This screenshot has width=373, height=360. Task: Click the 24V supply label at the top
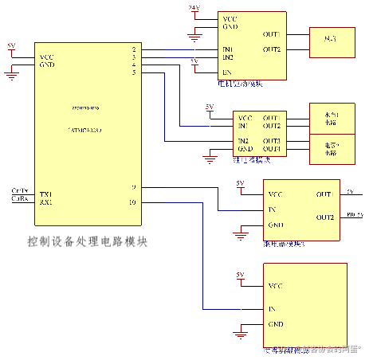194,7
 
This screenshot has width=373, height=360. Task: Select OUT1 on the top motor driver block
271,35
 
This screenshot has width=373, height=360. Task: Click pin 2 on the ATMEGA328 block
134,50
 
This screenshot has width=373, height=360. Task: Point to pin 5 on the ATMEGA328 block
134,73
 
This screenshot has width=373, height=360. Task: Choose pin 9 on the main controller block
134,188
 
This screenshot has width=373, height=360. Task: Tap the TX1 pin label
45,194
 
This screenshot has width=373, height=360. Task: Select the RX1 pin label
45,202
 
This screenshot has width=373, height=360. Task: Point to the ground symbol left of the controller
11,74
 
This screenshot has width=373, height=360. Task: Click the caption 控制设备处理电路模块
88,241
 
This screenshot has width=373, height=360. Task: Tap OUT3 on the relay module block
271,141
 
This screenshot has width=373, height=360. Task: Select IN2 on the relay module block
242,141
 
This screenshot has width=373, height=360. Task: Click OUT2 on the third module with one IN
324,217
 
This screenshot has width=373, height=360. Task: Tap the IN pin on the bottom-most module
272,308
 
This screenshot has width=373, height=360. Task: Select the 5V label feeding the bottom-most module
239,275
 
